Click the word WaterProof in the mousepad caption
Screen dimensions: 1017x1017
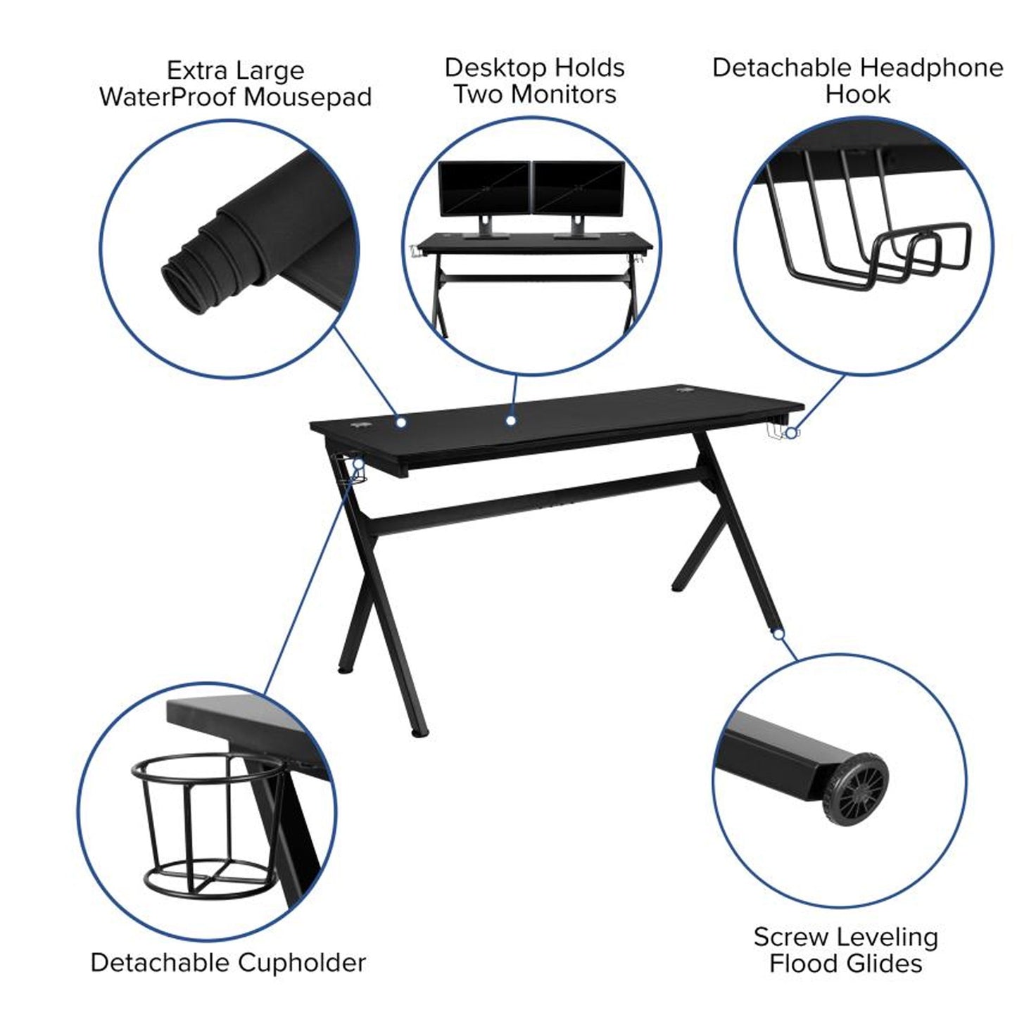tap(172, 97)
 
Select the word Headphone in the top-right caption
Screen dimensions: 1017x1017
tap(932, 68)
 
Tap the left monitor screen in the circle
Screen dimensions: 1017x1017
tap(484, 189)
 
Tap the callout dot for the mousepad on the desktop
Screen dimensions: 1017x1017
tap(402, 422)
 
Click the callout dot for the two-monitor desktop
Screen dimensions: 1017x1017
tap(510, 421)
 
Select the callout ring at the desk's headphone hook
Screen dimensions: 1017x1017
tap(790, 434)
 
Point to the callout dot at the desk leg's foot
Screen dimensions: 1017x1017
tap(778, 634)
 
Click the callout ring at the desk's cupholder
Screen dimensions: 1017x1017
tap(359, 464)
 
